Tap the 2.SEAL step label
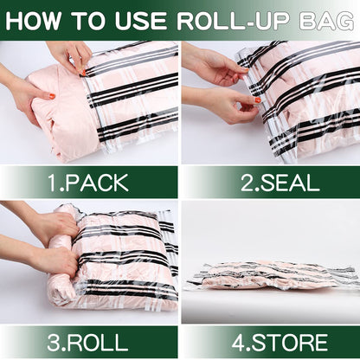(x=269, y=183)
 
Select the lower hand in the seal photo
(x=227, y=106)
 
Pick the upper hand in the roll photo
(x=30, y=223)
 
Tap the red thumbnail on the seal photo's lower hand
(x=257, y=100)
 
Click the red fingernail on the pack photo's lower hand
(x=52, y=96)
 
